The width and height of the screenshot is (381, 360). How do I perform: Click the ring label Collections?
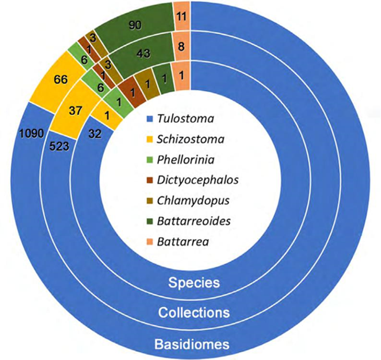(x=194, y=312)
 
